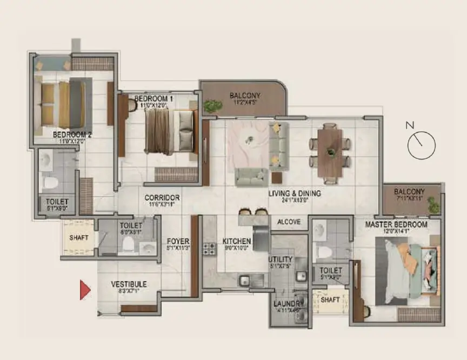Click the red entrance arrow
[x=85, y=290]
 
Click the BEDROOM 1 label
[x=154, y=99]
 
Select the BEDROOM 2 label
[x=72, y=135]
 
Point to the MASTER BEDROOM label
[x=396, y=224]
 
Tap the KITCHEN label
[x=237, y=241]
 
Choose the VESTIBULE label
[x=129, y=284]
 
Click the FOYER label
[x=177, y=241]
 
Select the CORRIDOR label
[x=162, y=198]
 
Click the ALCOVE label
[x=289, y=222]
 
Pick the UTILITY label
[x=281, y=259]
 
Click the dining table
[x=330, y=152]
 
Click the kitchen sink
[x=245, y=280]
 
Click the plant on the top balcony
[x=212, y=106]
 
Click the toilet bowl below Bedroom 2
[x=50, y=182]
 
